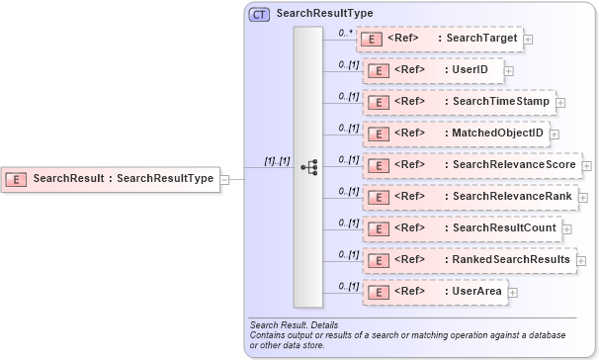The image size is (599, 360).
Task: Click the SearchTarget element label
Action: tap(481, 39)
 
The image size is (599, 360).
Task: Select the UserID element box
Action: tap(434, 70)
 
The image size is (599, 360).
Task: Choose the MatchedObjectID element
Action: tap(456, 134)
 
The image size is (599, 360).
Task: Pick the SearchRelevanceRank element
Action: tap(470, 197)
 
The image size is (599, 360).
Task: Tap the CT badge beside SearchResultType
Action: tap(259, 14)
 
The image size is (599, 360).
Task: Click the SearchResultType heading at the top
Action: tap(324, 14)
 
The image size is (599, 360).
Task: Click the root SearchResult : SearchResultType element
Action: tap(110, 179)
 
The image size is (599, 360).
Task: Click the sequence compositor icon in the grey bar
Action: tap(308, 167)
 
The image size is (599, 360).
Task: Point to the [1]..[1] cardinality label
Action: tap(277, 160)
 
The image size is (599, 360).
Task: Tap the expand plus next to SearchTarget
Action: tap(529, 40)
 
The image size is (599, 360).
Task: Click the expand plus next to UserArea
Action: tap(513, 293)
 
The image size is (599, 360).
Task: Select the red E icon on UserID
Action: tap(377, 70)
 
